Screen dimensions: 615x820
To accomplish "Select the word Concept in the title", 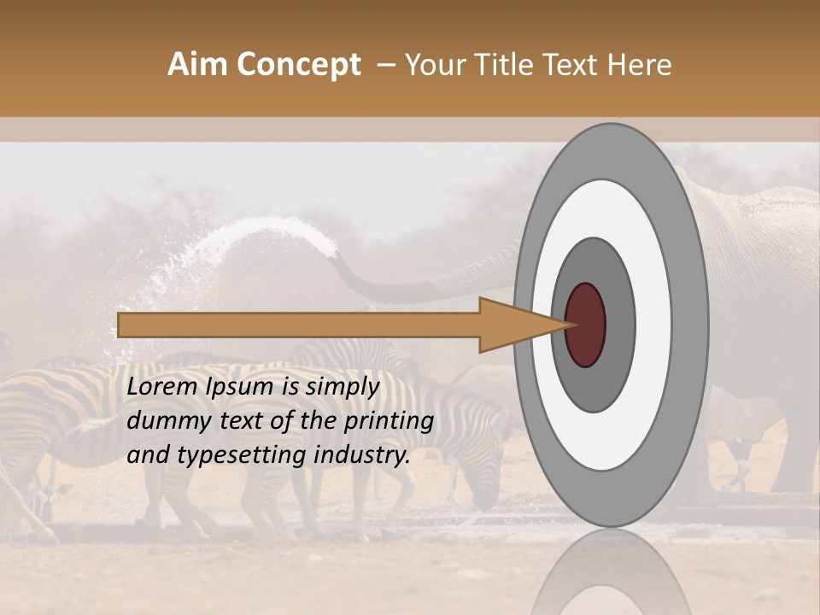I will pyautogui.click(x=298, y=65).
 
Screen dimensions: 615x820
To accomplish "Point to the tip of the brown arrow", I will pyautogui.click(x=567, y=325).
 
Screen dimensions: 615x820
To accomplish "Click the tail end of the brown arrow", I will pyautogui.click(x=120, y=325).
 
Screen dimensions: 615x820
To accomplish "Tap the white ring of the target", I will pyautogui.click(x=653, y=325).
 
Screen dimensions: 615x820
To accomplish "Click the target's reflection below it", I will pyautogui.click(x=611, y=572).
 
